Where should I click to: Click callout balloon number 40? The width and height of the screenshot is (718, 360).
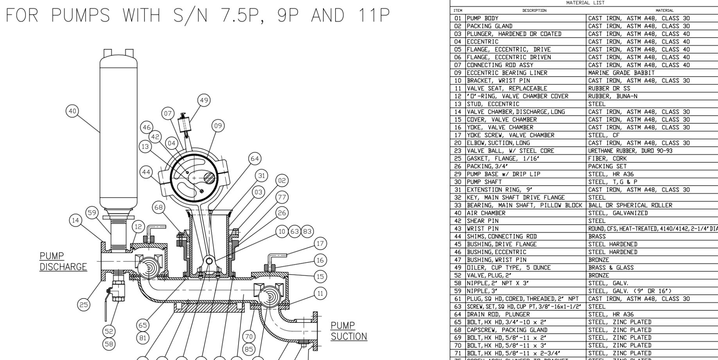[72, 111]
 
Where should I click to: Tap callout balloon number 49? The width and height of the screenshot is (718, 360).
[204, 101]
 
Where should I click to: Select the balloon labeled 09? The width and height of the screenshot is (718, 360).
[218, 126]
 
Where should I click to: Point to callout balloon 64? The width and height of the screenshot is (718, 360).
[255, 158]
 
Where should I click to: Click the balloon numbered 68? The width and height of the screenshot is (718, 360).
[158, 207]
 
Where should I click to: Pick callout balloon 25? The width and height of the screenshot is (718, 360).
[84, 305]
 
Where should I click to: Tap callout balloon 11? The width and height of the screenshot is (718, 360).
[320, 293]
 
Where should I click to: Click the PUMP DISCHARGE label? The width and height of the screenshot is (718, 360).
[63, 261]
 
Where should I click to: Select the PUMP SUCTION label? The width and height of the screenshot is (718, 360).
[349, 331]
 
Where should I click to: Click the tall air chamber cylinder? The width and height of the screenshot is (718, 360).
[118, 133]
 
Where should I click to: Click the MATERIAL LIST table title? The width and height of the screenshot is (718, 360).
[585, 3]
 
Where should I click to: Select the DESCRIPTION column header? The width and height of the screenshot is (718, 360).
[534, 11]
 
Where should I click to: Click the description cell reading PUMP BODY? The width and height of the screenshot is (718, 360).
[483, 18]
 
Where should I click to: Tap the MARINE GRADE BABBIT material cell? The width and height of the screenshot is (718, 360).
[621, 73]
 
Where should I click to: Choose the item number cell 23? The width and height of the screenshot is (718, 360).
[458, 151]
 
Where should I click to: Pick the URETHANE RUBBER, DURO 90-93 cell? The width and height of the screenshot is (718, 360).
[630, 151]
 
